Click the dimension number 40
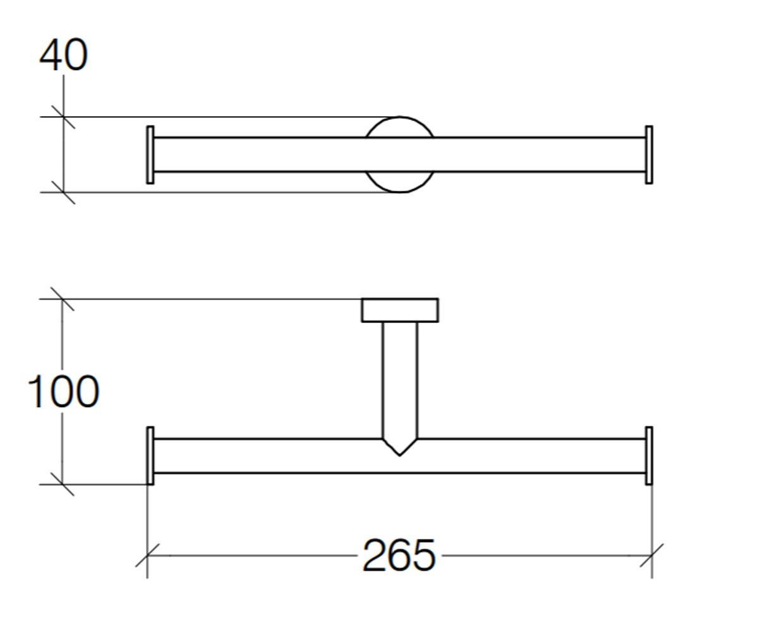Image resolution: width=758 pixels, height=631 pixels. [64, 54]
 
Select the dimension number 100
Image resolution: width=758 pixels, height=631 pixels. [63, 392]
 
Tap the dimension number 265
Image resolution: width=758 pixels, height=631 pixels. [399, 555]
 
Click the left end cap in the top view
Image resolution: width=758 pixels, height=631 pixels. [150, 155]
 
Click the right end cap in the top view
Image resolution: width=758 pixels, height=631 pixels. [649, 155]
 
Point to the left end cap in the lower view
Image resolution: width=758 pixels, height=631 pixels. [150, 456]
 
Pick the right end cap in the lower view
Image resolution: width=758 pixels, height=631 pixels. [649, 456]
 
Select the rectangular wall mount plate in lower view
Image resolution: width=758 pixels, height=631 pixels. [400, 310]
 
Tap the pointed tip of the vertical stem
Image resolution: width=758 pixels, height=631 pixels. [400, 456]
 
